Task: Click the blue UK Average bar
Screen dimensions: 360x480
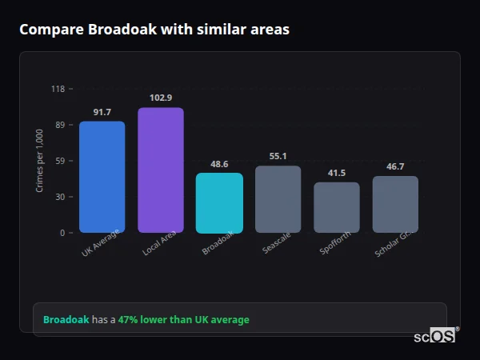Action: pos(102,177)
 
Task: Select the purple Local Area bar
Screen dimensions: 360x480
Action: pos(161,170)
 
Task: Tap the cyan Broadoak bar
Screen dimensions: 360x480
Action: pos(219,203)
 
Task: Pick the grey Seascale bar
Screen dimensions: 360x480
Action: pos(278,199)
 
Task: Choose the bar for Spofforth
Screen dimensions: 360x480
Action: pos(337,207)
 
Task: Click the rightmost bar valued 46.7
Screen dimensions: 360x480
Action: pos(395,204)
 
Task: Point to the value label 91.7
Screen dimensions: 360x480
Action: pos(102,112)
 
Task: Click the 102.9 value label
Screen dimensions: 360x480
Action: pos(161,98)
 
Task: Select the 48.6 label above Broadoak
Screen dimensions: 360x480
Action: pos(219,164)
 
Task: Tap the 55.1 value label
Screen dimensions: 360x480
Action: pos(278,156)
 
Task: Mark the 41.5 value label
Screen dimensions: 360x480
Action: pos(337,173)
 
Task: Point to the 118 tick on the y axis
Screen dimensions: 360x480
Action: pos(58,89)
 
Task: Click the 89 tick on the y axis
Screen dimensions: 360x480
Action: pos(60,125)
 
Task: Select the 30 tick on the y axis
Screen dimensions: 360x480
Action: pos(60,197)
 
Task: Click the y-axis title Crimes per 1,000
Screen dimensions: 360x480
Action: pos(40,161)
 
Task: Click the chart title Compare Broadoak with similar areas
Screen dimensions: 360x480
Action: pos(154,30)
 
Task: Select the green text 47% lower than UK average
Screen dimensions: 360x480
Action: pos(183,320)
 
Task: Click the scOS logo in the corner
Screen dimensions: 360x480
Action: pos(435,336)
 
